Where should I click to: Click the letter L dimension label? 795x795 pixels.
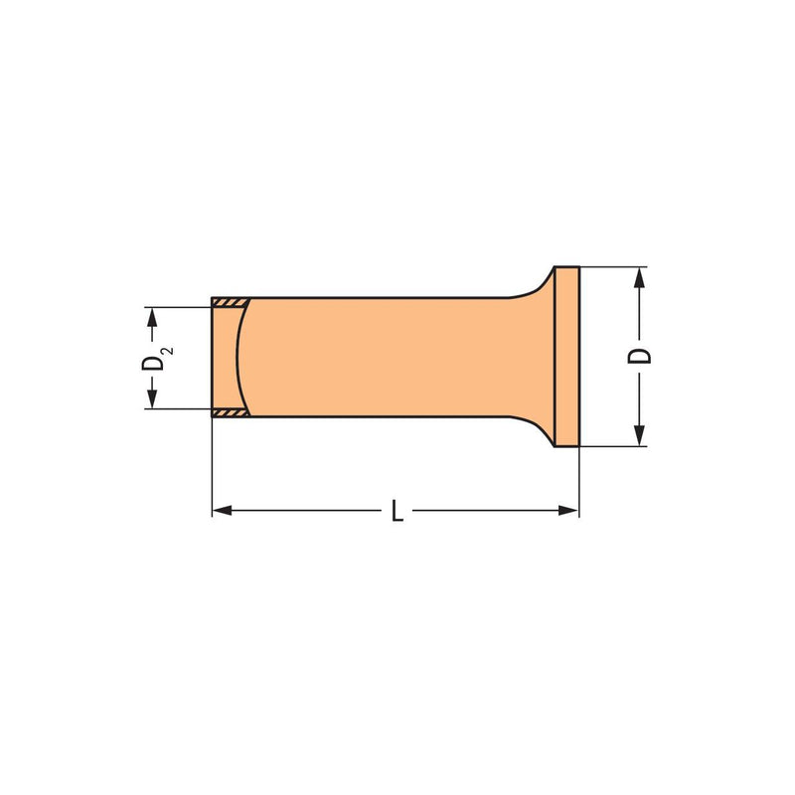tap(397, 510)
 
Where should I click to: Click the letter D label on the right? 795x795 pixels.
tap(639, 356)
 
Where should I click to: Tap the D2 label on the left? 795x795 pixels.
tap(156, 359)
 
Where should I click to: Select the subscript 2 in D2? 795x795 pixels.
tap(168, 351)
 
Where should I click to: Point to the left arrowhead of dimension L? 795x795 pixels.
tap(222, 510)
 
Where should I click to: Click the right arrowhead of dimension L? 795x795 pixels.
tap(568, 510)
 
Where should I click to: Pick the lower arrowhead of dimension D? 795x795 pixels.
tap(639, 436)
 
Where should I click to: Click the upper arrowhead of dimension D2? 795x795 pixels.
tap(152, 317)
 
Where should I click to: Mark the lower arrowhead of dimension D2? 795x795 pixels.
tap(152, 398)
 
